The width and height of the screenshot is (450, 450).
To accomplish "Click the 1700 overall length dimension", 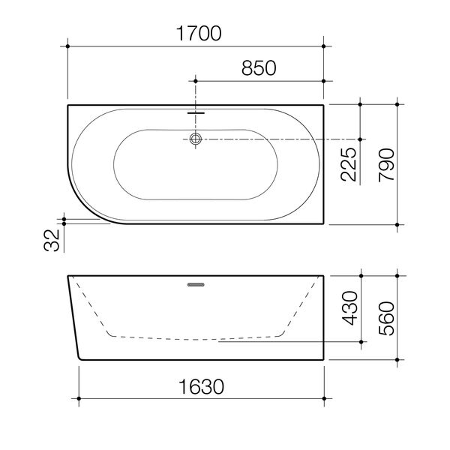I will [196, 32].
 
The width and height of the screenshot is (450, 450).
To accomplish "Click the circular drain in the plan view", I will [196, 139].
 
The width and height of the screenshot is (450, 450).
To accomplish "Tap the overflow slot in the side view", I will [196, 285].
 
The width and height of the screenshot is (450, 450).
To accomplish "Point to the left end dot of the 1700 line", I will [68, 46].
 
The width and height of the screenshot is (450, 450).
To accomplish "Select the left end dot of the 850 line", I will [196, 80].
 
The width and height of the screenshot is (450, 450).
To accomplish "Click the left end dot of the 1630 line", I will [79, 397].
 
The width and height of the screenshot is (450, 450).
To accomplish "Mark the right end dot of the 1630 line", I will [324, 397].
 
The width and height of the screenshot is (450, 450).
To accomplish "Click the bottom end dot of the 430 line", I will [361, 340].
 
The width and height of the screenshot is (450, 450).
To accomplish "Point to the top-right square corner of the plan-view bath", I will [323, 105].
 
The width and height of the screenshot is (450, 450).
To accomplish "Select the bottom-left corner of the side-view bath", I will [79, 358].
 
